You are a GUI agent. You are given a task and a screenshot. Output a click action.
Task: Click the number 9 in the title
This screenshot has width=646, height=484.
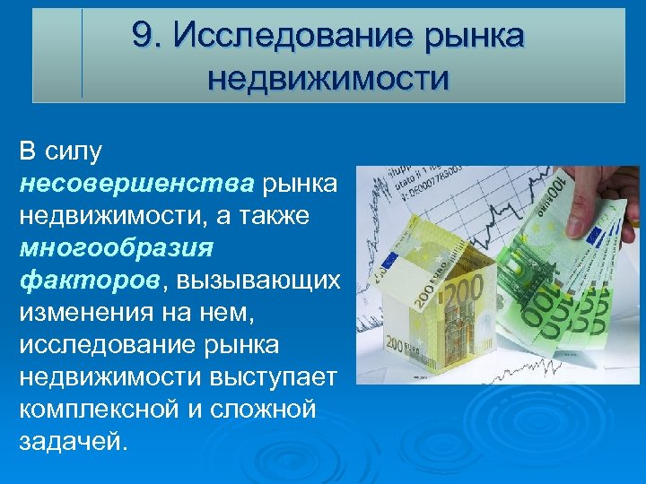pos(141,35)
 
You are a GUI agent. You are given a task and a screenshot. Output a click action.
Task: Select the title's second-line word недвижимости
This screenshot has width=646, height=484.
pos(328,78)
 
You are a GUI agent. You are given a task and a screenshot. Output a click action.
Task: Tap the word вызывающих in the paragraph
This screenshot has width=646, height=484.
pos(259,281)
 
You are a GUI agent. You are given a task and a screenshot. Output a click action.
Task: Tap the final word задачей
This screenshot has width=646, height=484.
pos(73,442)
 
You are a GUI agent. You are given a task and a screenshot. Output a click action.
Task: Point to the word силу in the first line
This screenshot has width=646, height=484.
pos(78,151)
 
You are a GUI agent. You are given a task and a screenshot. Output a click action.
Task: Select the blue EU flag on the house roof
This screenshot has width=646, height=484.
pos(394,261)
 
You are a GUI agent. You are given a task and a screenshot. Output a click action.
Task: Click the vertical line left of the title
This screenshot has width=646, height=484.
pos(82,54)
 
